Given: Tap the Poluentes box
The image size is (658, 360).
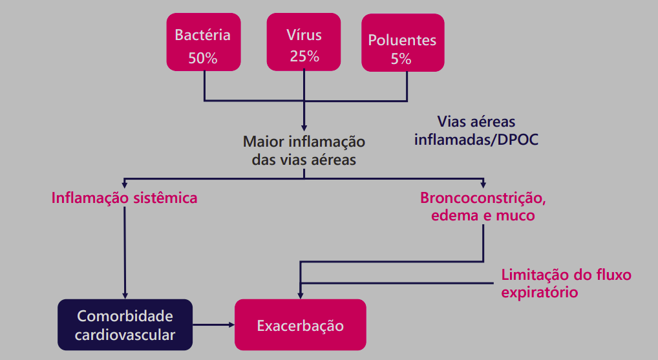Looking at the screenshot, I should [402, 43].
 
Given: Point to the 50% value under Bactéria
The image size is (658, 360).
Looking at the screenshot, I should [203, 58].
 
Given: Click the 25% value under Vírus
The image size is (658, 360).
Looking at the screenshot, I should [304, 56].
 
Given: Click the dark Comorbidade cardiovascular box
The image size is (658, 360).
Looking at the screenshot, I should [125, 326].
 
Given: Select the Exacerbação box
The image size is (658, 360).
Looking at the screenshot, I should [300, 325].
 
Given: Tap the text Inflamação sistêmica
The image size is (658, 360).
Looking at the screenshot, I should [125, 198].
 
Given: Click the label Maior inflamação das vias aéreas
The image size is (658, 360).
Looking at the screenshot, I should [304, 150].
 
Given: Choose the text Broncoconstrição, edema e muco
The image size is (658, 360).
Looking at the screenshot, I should [483, 207].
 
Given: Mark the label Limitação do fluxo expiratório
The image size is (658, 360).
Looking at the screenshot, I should [566, 283].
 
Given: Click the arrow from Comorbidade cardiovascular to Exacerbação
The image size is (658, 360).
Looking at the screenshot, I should [213, 325].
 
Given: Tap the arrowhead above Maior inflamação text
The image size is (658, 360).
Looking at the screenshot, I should [304, 127].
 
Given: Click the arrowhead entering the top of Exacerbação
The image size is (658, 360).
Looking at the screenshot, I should [300, 295].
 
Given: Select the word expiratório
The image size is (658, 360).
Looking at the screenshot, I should [540, 292].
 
